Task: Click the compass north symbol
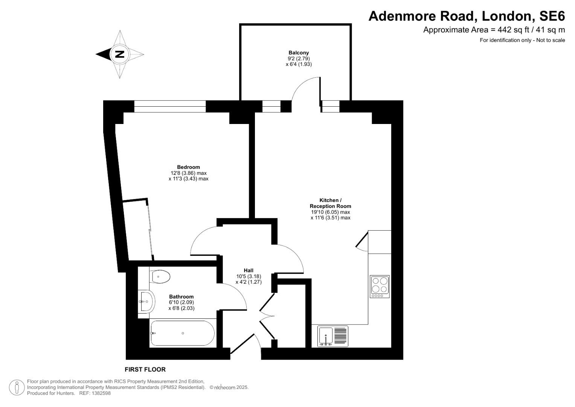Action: click(120, 54)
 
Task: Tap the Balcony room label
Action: click(299, 53)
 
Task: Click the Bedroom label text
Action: click(188, 167)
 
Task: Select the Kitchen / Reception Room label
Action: click(330, 203)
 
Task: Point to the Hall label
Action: click(249, 270)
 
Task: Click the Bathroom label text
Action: click(181, 297)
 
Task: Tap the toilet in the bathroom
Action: click(160, 277)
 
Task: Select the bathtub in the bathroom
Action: click(182, 333)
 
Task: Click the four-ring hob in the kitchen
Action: click(380, 286)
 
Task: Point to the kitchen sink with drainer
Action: click(333, 336)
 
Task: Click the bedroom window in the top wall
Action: click(170, 106)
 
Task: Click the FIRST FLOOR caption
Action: click(145, 369)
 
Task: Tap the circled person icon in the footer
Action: click(17, 387)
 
